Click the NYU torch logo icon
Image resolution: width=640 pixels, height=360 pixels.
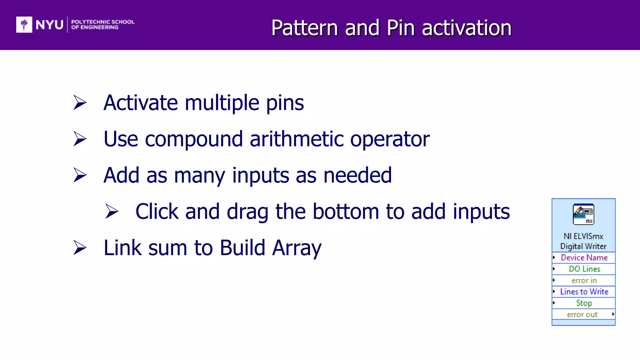(x=24, y=24)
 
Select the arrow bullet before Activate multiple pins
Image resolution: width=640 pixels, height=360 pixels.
(x=80, y=102)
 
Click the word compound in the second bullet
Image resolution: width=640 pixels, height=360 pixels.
(x=194, y=139)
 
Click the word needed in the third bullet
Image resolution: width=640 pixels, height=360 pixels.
(x=357, y=175)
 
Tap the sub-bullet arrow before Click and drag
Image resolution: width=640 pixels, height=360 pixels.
(x=112, y=211)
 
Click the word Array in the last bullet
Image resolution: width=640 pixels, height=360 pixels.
(x=297, y=248)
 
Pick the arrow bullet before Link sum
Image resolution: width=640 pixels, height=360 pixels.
(x=80, y=248)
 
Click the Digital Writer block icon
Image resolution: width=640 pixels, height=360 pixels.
(x=583, y=214)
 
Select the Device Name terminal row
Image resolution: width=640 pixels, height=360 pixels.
(x=584, y=257)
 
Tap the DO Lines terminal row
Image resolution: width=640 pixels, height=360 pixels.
(x=584, y=269)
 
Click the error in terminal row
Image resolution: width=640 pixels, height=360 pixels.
(x=584, y=280)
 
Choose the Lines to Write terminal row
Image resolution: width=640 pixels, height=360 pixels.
(x=584, y=292)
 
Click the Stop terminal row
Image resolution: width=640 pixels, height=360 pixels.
(x=584, y=303)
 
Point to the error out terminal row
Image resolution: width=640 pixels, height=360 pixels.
(x=582, y=314)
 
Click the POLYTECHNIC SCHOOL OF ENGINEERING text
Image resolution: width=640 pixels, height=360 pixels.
(x=102, y=24)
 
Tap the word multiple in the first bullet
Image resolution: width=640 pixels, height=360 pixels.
(x=222, y=103)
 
